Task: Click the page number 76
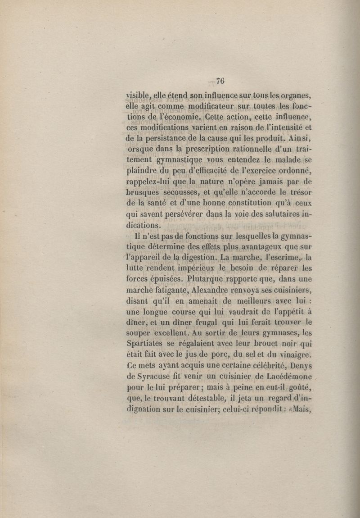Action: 220,81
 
